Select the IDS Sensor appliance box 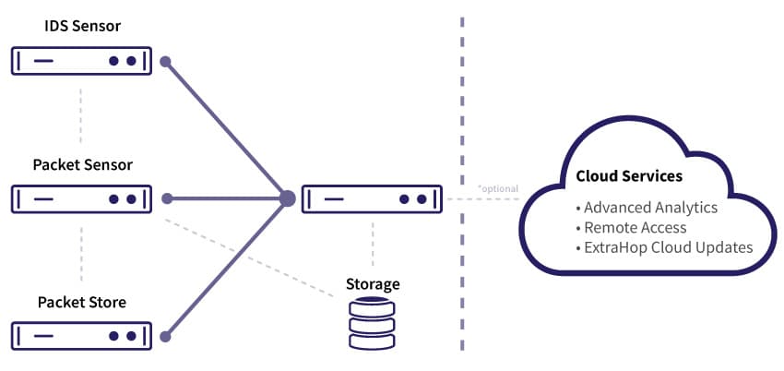82,61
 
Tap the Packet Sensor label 82,165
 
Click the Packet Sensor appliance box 82,198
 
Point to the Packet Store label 82,302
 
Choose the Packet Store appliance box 82,336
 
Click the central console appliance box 372,198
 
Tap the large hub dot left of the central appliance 287,198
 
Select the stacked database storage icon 373,323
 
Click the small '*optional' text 497,188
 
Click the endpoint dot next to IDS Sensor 166,62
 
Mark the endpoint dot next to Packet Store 166,337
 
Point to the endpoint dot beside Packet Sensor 166,198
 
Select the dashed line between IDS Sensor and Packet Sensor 82,115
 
